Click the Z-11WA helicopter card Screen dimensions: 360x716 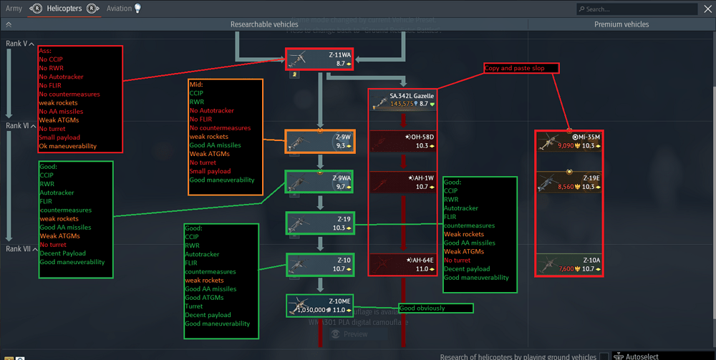pyautogui.click(x=319, y=59)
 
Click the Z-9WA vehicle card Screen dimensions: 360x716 pyautogui.click(x=319, y=183)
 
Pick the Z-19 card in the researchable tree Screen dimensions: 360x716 pyautogui.click(x=319, y=223)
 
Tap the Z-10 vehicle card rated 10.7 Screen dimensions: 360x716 pyautogui.click(x=319, y=264)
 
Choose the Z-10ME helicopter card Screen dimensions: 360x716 pyautogui.click(x=319, y=306)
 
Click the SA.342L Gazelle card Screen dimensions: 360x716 pyautogui.click(x=403, y=100)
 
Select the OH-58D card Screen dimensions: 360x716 pyautogui.click(x=403, y=141)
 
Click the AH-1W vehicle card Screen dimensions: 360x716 pyautogui.click(x=403, y=183)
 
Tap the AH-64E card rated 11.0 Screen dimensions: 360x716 pyautogui.click(x=403, y=264)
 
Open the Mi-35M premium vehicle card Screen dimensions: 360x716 pyautogui.click(x=569, y=141)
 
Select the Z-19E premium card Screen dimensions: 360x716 pyautogui.click(x=569, y=183)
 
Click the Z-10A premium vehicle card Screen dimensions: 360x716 pyautogui.click(x=569, y=264)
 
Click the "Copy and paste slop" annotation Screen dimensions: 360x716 pyautogui.click(x=520, y=68)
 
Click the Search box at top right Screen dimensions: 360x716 pyautogui.click(x=637, y=9)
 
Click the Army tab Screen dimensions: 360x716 pyautogui.click(x=14, y=9)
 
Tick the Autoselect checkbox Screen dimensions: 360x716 pyautogui.click(x=604, y=356)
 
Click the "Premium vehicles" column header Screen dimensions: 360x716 pyautogui.click(x=621, y=24)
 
